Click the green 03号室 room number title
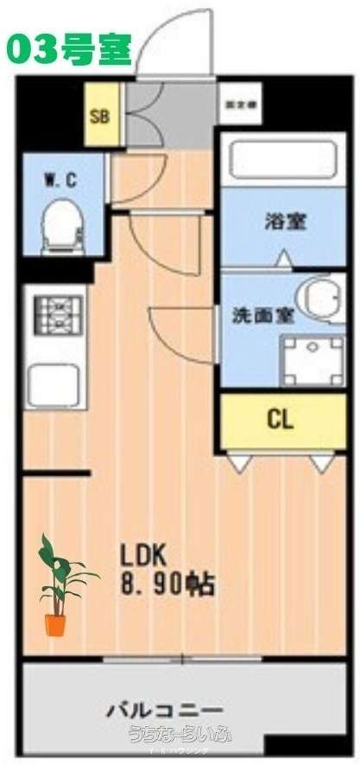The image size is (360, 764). pyautogui.click(x=69, y=49)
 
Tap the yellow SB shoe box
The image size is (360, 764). pyautogui.click(x=100, y=113)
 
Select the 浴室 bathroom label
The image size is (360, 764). pyautogui.click(x=285, y=221)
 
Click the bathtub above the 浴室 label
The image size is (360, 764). pyautogui.click(x=283, y=161)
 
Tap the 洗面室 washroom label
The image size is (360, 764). pyautogui.click(x=263, y=314)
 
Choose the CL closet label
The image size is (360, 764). pyautogui.click(x=281, y=420)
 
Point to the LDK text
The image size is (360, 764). pyautogui.click(x=148, y=553)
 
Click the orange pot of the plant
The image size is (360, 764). pyautogui.click(x=55, y=624)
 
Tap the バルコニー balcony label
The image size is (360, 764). pyautogui.click(x=165, y=710)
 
